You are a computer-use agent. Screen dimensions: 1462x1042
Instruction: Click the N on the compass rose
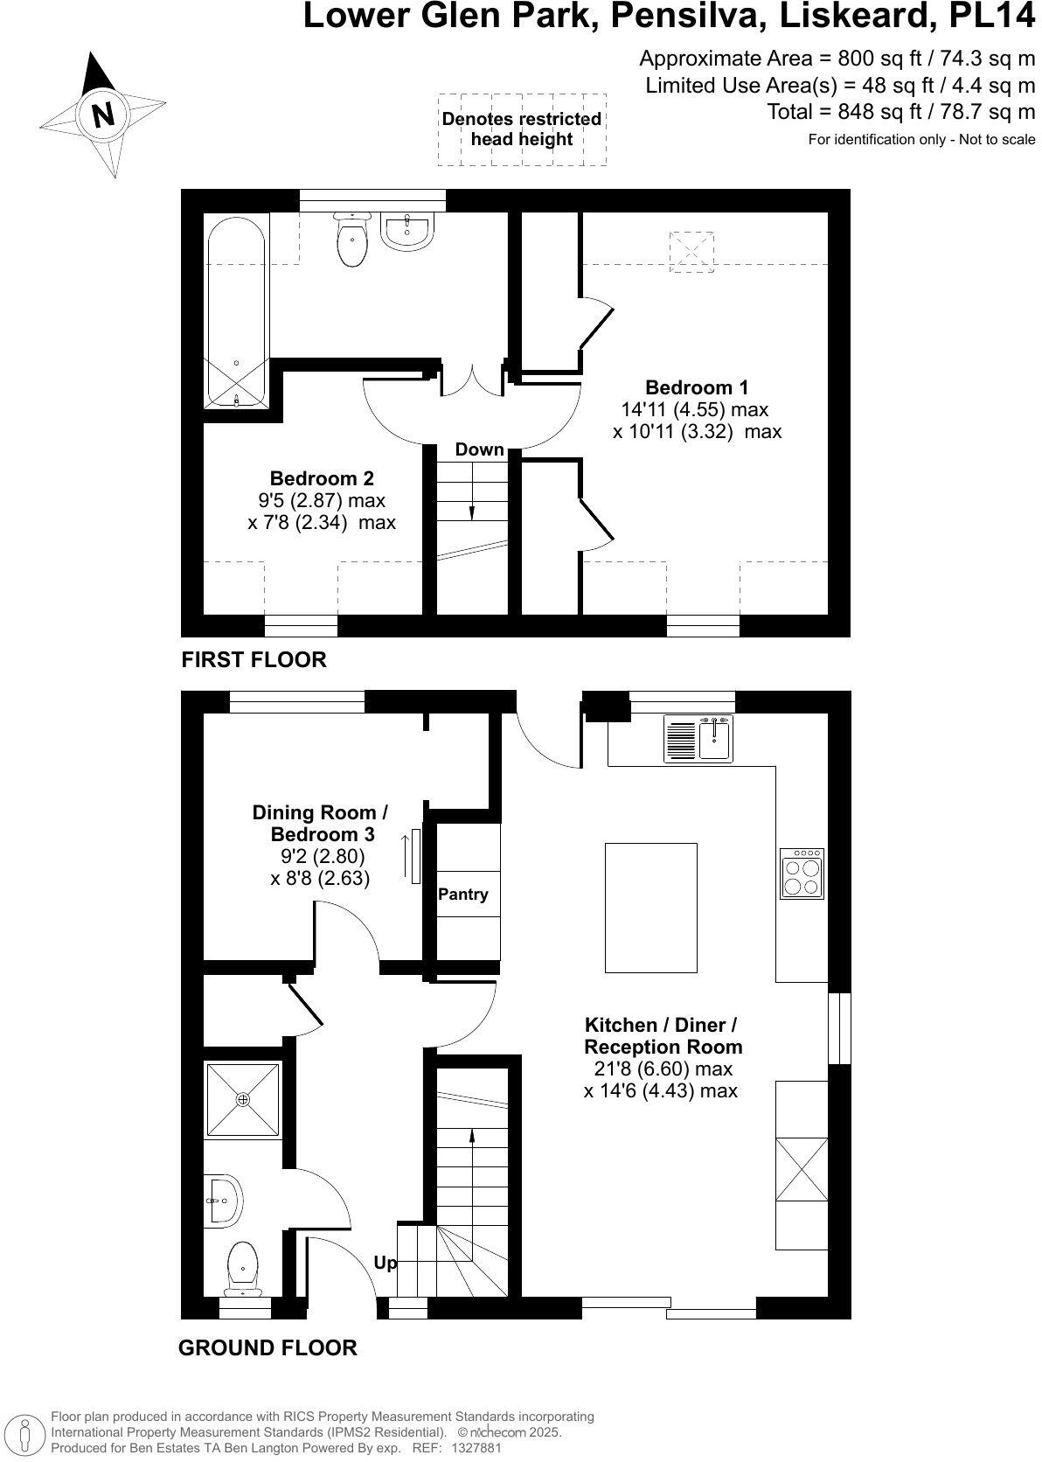coord(103,115)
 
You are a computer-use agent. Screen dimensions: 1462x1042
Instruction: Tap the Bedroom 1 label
coord(697,387)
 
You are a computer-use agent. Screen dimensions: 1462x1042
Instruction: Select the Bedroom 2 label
coord(322,478)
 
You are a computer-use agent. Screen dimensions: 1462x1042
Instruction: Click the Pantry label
coord(463,895)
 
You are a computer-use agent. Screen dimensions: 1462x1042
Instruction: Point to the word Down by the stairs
coord(479,449)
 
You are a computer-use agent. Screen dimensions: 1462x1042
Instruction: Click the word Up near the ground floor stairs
coord(385,1263)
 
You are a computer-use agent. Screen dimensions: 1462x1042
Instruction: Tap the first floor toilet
coord(354,240)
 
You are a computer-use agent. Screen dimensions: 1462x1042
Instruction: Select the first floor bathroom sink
coord(407,232)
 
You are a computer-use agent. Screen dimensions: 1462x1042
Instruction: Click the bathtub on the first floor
coord(236,310)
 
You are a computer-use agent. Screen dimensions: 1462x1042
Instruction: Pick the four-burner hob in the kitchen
coord(802,874)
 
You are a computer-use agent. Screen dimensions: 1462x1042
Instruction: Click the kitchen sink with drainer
coord(699,739)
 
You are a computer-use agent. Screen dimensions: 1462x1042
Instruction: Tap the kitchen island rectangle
coord(651,908)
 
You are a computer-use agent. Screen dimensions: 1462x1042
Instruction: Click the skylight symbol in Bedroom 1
coord(691,252)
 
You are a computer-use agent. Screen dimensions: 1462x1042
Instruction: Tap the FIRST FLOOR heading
coord(254,659)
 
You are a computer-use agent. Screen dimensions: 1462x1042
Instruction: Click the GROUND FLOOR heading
coord(267,1347)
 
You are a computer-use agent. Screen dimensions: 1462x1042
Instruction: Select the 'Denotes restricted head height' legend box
coord(522,129)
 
